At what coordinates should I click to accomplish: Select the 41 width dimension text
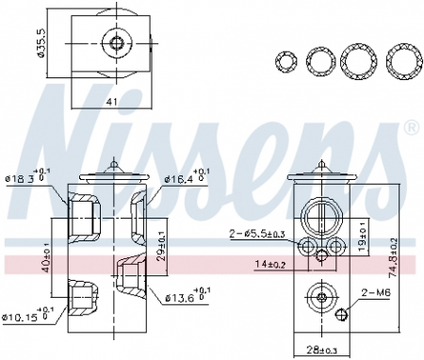click(x=112, y=99)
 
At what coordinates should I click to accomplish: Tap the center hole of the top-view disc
click(x=117, y=41)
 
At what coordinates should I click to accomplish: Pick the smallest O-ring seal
click(x=285, y=61)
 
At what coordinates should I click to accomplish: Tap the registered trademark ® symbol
click(x=410, y=126)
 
